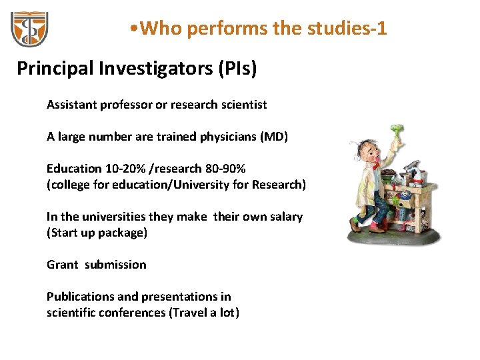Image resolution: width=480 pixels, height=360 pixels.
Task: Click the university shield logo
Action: point(29,29)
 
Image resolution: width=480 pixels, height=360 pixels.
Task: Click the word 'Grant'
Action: point(62,265)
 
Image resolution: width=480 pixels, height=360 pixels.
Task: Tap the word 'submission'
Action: point(115,265)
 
